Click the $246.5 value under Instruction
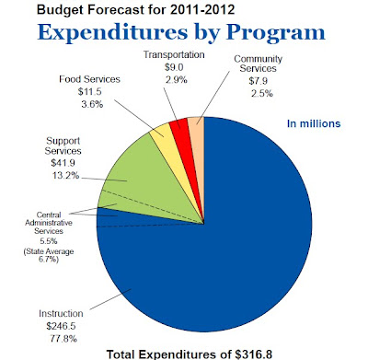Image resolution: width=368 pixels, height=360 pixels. coord(61,326)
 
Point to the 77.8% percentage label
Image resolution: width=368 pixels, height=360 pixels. coord(63,339)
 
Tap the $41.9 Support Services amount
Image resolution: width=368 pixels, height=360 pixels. coord(63,163)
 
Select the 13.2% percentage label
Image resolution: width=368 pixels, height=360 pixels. coord(65,176)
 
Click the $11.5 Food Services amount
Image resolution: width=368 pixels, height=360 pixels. coord(89,92)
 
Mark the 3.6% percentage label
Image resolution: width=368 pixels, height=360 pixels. coord(92,104)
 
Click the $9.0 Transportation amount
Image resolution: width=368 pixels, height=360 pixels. coord(174,67)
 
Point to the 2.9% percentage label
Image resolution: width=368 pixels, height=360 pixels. coord(177,80)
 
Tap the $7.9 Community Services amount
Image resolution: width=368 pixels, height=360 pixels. coord(259,81)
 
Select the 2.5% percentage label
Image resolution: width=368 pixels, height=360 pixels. coord(262,93)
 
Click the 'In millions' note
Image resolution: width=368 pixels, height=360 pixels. coord(314,123)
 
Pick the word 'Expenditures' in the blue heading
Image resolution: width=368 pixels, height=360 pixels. coord(112,32)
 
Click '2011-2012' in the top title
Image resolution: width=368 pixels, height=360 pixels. coord(202,9)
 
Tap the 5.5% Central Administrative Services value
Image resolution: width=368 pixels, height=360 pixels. coord(49,241)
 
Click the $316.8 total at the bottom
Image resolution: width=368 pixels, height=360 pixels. coord(254,354)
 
